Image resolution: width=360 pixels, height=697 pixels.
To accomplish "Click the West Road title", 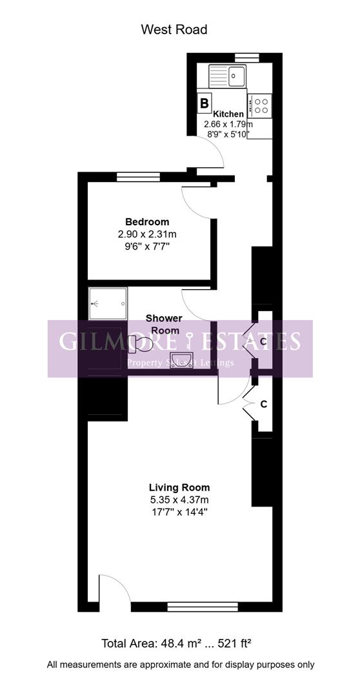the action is [x=174, y=30].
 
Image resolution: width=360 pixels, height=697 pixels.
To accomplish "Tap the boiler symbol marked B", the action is [x=205, y=103].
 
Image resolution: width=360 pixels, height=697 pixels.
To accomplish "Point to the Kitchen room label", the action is [x=228, y=114].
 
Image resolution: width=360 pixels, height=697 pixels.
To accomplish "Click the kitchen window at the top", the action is [x=246, y=57].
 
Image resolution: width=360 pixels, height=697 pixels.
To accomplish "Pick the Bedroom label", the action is [x=147, y=222].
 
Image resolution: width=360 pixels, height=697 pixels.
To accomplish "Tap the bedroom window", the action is [x=138, y=177].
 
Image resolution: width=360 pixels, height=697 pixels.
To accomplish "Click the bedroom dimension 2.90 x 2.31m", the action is [x=148, y=234].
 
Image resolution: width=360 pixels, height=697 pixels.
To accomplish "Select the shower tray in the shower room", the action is [x=108, y=303].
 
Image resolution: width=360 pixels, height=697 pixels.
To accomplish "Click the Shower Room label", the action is [x=164, y=324].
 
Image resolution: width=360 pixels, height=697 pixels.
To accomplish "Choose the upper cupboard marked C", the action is [x=263, y=341].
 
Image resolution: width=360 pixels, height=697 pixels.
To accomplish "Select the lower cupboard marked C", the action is [x=263, y=404].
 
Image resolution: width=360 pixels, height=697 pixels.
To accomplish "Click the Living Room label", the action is [x=179, y=487].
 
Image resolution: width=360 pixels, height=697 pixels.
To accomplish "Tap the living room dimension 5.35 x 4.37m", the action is [x=179, y=499].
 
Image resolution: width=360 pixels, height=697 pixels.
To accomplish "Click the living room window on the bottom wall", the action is [x=203, y=607].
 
